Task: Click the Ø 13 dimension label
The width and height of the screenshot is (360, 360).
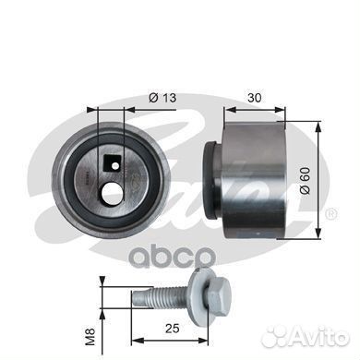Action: click(162, 98)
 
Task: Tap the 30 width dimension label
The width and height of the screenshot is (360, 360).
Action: click(255, 98)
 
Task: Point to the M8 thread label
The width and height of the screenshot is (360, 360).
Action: click(91, 337)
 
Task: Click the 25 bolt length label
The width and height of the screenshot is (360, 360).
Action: click(172, 329)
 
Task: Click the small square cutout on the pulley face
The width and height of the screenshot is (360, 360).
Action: click(111, 163)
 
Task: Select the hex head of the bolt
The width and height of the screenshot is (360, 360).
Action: click(221, 294)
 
